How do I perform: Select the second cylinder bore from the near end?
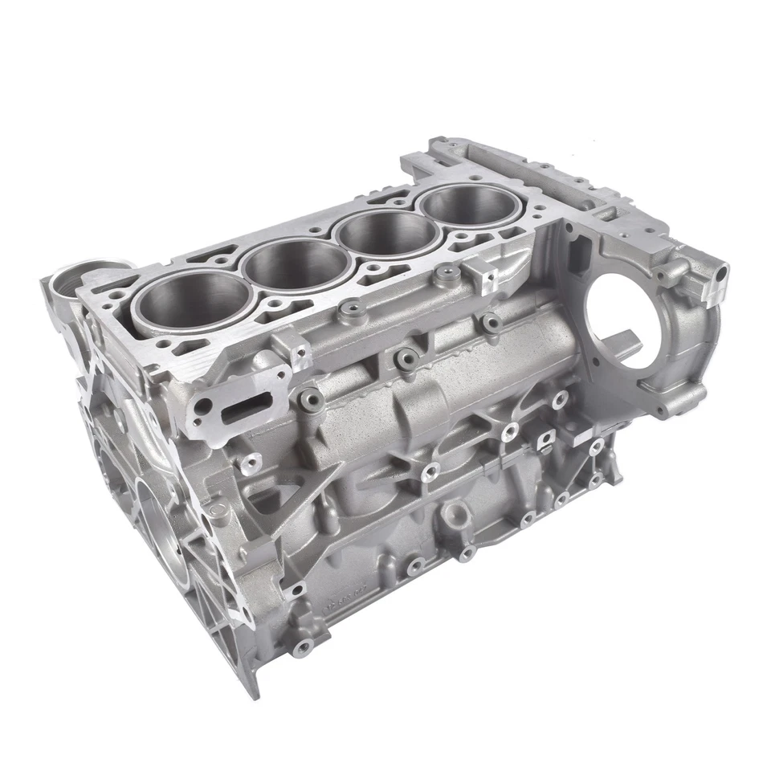(x=296, y=265)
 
